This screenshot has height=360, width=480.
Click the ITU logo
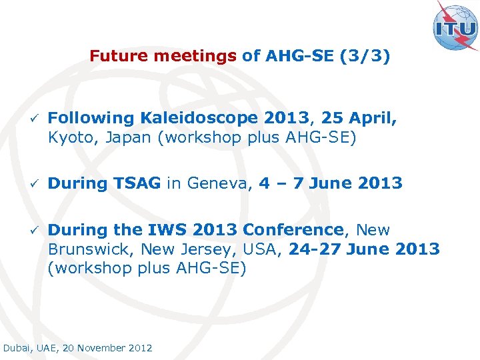click(x=455, y=27)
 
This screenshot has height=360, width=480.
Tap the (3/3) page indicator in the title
click(x=365, y=56)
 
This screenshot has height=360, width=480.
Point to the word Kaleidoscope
click(x=199, y=118)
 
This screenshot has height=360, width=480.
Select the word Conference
click(x=293, y=230)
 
